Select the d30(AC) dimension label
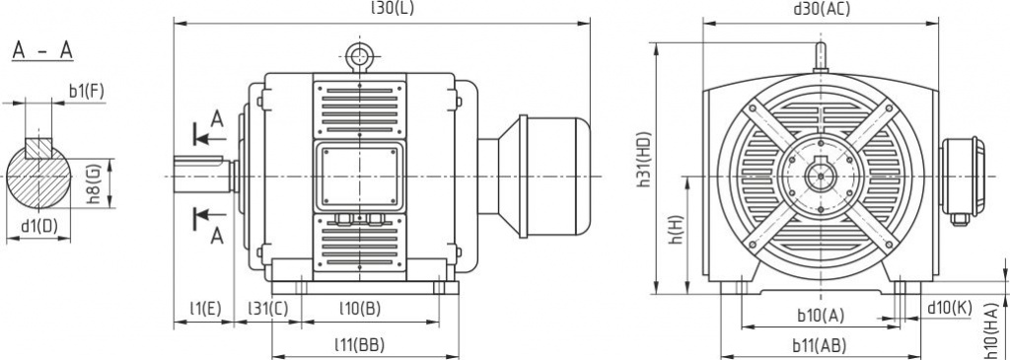[x=822, y=9]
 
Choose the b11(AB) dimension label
[x=819, y=345]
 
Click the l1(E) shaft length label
[x=204, y=309]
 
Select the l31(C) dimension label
[x=268, y=309]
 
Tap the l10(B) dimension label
[x=359, y=309]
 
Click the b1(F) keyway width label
[x=87, y=92]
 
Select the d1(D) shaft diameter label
[x=39, y=226]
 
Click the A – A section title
[x=42, y=51]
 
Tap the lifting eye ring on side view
[x=359, y=51]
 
